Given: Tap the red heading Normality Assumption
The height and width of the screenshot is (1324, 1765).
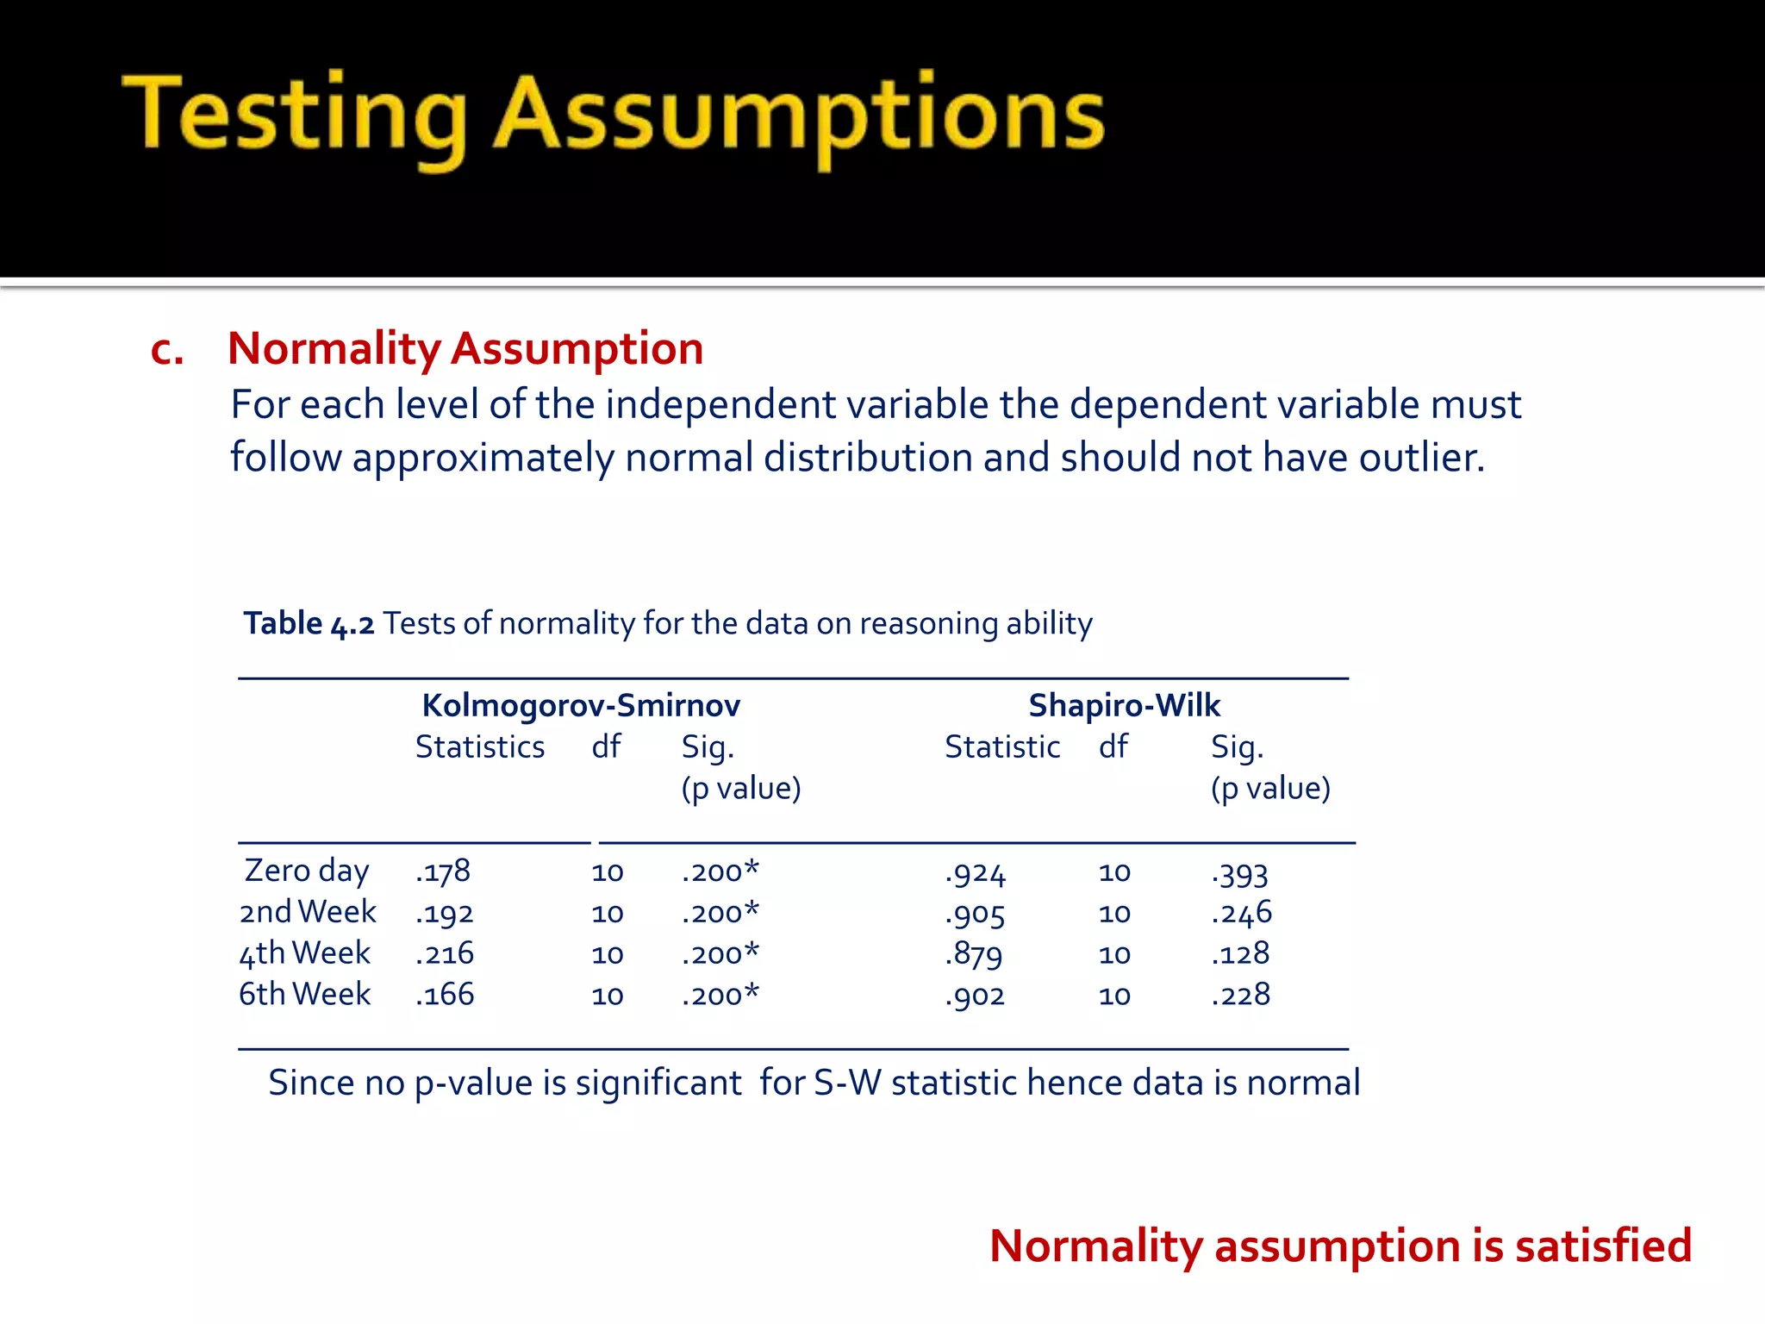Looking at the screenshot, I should tap(465, 348).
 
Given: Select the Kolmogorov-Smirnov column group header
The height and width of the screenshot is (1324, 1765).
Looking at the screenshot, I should tap(581, 705).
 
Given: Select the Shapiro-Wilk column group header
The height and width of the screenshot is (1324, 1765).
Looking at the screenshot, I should tap(1124, 705).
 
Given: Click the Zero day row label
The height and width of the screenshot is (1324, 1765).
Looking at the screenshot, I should tap(307, 871).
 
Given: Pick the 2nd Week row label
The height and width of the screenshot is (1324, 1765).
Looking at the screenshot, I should tap(308, 912).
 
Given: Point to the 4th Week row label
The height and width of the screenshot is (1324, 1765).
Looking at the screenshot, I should tap(305, 953).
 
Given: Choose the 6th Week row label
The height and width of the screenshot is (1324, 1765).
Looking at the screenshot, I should tap(305, 995).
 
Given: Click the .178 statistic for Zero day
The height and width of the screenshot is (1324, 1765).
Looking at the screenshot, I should tap(443, 871).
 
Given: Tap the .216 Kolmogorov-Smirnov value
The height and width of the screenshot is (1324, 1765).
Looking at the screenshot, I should tap(445, 953).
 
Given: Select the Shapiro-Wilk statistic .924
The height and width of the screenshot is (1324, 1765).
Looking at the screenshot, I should tap(975, 873).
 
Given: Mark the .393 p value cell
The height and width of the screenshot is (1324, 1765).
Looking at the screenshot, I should tap(1239, 873).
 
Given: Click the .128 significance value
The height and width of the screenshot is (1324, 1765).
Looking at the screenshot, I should tap(1240, 953).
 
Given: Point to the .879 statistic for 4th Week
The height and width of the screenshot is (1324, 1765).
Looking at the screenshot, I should tap(974, 954).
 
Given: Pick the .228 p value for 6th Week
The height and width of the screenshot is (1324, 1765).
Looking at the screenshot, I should tap(1240, 995).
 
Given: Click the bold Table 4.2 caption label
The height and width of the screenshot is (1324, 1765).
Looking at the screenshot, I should tap(309, 623).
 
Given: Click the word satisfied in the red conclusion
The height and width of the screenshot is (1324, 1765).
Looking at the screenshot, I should tap(1603, 1246).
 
